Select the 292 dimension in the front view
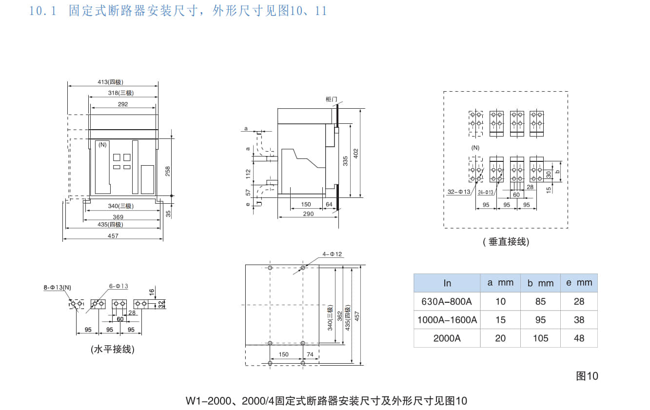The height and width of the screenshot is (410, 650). tap(123, 104)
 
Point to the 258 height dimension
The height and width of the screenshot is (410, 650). tap(167, 171)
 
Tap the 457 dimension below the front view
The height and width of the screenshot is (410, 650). tap(113, 236)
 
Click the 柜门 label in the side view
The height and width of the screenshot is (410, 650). tap(331, 99)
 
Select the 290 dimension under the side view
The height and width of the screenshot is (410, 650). tap(308, 214)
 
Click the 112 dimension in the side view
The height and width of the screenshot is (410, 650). tap(248, 173)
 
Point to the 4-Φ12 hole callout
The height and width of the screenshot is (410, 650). tap(332, 254)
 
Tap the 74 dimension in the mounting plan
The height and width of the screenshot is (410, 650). tap(310, 354)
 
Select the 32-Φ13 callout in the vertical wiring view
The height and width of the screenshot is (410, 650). tap(459, 192)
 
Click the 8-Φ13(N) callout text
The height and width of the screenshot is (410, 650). tap(57, 288)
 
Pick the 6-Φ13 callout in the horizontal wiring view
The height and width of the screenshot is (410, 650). tap(118, 286)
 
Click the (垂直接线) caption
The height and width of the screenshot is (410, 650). tap(506, 242)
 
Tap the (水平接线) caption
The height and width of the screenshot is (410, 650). tap(112, 350)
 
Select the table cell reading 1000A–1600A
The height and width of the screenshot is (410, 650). tap(447, 320)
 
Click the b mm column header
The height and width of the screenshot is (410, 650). tap(540, 283)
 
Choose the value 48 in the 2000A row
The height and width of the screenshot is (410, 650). tap(579, 338)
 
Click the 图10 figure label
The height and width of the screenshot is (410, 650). tap(587, 376)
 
